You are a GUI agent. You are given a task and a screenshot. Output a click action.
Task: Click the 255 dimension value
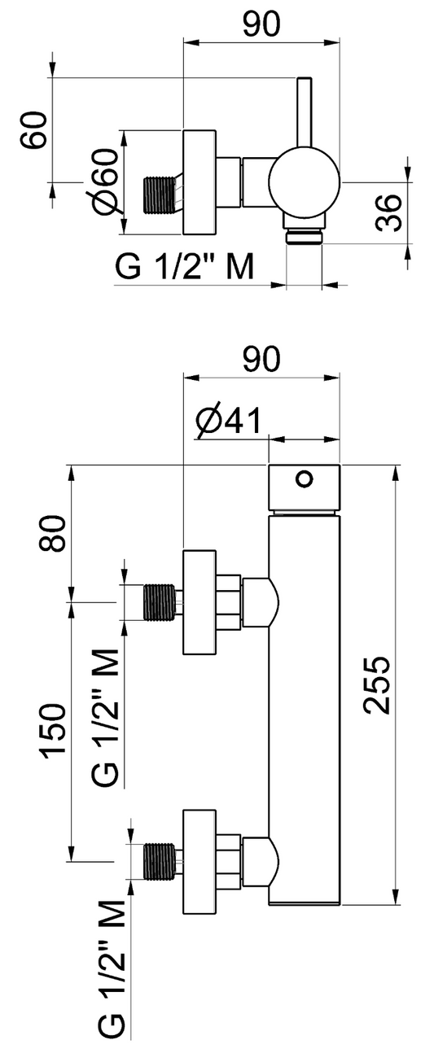point(377,684)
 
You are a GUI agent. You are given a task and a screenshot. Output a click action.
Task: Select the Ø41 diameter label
point(228,421)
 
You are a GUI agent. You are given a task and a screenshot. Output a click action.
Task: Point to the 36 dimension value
point(389,212)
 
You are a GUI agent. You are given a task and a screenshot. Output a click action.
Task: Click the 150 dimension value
point(52,731)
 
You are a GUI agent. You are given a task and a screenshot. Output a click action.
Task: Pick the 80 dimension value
point(52,533)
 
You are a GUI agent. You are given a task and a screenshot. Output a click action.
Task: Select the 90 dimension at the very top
point(261,24)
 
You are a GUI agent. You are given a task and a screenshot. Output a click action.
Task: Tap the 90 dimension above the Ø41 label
point(261,359)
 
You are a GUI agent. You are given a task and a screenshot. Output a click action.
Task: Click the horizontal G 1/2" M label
point(185,266)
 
